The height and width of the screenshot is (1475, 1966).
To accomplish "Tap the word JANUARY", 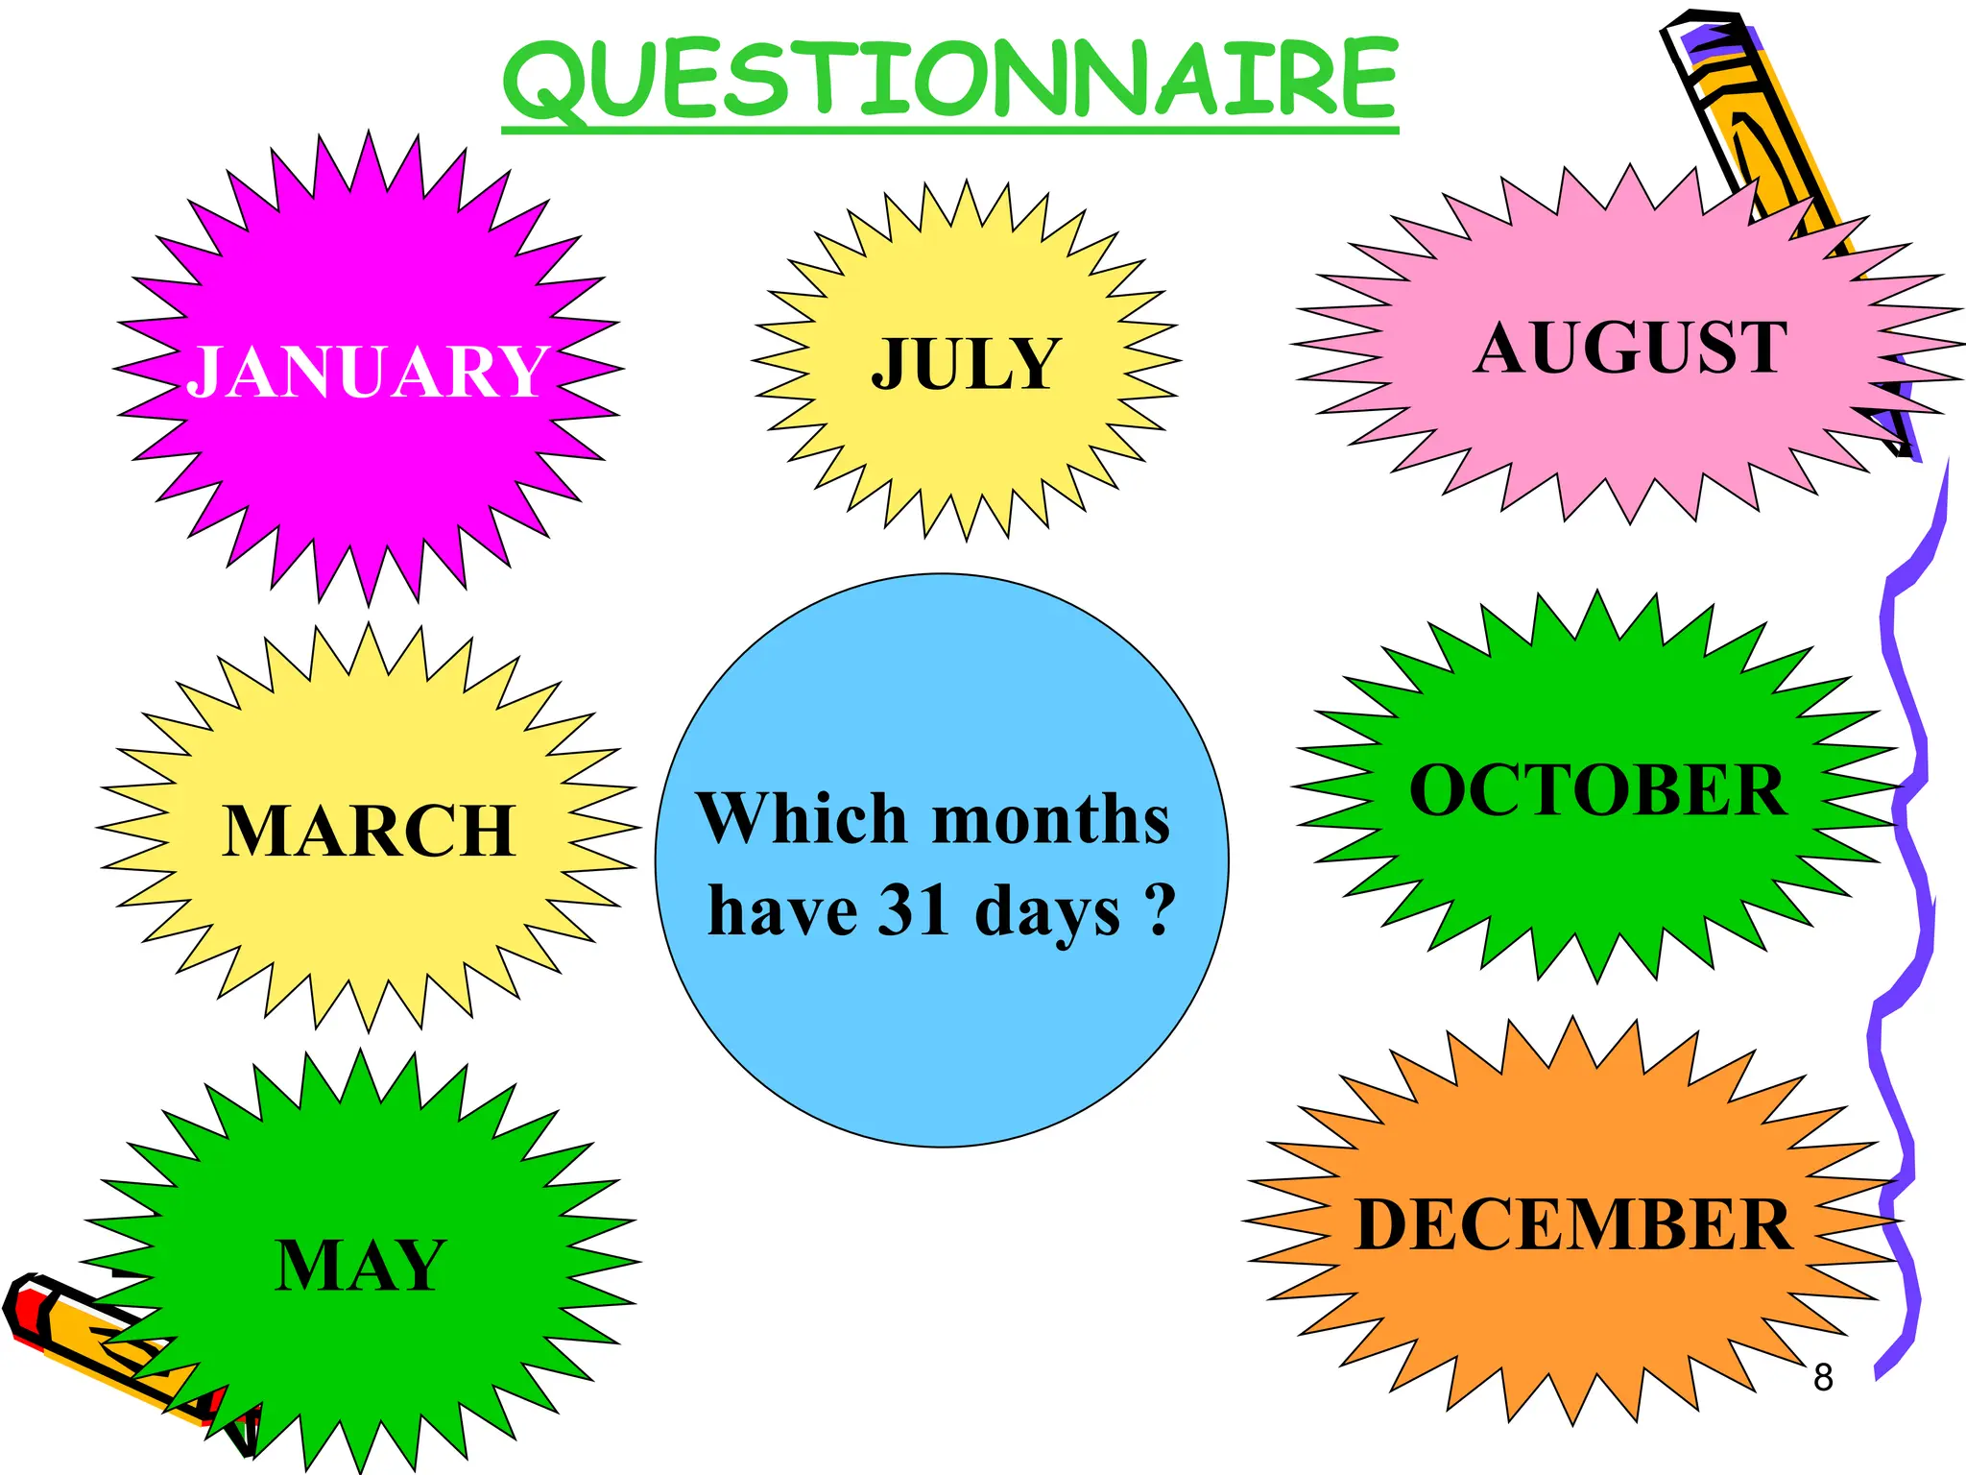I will tap(369, 372).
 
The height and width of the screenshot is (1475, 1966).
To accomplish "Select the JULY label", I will tap(966, 364).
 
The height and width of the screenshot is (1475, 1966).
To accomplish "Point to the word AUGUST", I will tap(1631, 348).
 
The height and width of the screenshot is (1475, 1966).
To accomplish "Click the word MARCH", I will tap(369, 831).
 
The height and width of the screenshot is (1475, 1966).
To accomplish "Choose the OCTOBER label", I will tap(1598, 790).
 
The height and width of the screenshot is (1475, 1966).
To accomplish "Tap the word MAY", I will tap(361, 1265).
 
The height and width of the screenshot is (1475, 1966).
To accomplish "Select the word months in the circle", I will tap(1051, 820).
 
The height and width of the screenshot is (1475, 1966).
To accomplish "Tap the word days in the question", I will tap(1047, 912).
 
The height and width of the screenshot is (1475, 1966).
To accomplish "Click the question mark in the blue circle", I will tap(1160, 908).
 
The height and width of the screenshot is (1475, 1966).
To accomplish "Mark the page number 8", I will tap(1823, 1377).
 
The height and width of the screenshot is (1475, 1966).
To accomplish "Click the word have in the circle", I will tap(782, 910).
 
